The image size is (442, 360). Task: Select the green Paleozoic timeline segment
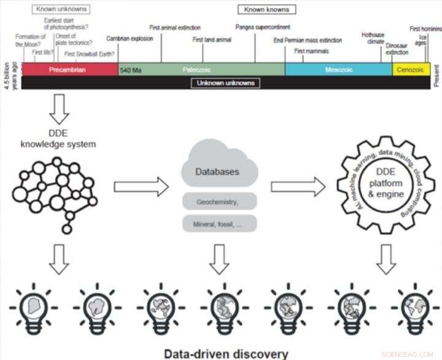coord(201,69)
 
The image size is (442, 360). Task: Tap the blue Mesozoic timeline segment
coord(338,69)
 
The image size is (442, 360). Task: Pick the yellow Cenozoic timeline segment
coord(411,69)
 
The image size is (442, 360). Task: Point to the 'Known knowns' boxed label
coord(267,9)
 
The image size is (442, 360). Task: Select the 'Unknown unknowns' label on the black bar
coord(225,83)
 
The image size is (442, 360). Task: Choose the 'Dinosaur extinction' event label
coord(397,49)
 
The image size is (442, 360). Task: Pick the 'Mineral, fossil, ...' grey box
coord(219,224)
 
